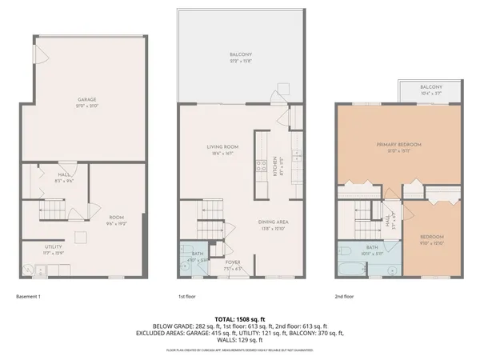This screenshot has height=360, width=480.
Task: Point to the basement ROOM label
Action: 115,216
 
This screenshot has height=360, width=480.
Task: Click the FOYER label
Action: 232,262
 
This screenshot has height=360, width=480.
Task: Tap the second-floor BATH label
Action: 372,247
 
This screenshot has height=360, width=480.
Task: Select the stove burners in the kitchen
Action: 261,167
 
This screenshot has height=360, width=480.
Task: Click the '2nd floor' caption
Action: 344,296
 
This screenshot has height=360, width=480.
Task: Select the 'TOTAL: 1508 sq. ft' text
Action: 239,318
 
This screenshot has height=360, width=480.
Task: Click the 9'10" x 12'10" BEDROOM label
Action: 433,238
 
